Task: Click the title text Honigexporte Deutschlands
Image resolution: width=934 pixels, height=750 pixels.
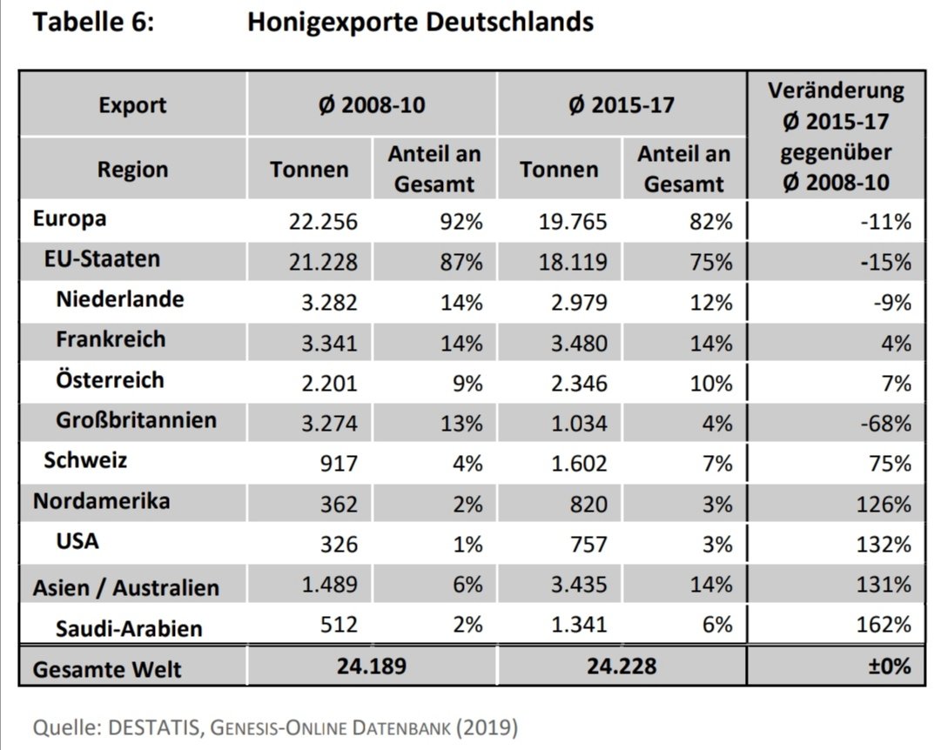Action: (x=420, y=23)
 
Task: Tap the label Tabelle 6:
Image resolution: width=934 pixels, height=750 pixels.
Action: (x=93, y=23)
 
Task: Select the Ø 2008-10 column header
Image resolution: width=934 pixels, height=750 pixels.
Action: (x=372, y=106)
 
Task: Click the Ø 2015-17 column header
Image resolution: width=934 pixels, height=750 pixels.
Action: (x=622, y=106)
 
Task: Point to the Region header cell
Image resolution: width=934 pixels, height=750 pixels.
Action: (x=132, y=169)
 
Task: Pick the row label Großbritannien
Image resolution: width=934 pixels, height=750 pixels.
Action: (x=136, y=421)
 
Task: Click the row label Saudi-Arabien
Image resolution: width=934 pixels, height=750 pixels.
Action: (x=129, y=627)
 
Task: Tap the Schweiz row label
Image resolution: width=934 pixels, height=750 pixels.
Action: (x=85, y=460)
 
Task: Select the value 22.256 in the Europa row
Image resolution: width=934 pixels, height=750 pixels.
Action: (x=323, y=222)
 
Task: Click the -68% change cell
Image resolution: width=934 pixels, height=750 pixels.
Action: (x=885, y=424)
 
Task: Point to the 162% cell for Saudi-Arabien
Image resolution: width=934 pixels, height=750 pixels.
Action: (x=884, y=625)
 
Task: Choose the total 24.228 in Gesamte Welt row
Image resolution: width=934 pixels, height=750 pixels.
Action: (x=622, y=667)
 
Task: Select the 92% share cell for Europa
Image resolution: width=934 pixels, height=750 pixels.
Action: (x=460, y=222)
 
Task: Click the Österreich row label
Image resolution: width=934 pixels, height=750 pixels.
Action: (x=110, y=380)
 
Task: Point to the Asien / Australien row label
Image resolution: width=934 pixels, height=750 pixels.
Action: (x=125, y=587)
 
